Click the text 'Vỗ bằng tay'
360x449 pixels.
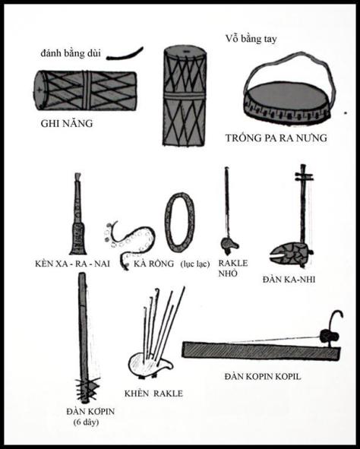coord(254,39)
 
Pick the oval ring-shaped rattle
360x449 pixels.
coord(181,222)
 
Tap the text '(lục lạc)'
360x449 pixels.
coord(194,263)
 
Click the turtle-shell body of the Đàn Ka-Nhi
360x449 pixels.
coord(292,252)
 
